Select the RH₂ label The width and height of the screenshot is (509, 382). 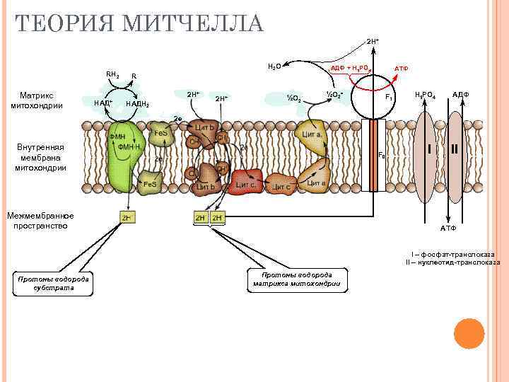[x=112, y=74]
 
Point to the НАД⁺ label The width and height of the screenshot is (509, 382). [x=103, y=103]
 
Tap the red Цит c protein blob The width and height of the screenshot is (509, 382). [x=246, y=183]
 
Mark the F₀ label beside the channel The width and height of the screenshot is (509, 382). [x=382, y=155]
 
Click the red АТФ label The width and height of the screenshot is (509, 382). [x=401, y=69]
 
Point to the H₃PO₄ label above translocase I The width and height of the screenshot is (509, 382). [x=425, y=95]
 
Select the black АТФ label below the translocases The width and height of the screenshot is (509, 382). [x=448, y=228]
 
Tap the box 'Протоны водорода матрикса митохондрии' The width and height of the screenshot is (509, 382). [x=296, y=280]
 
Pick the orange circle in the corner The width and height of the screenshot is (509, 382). [x=469, y=333]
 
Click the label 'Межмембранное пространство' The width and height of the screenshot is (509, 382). [x=40, y=220]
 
